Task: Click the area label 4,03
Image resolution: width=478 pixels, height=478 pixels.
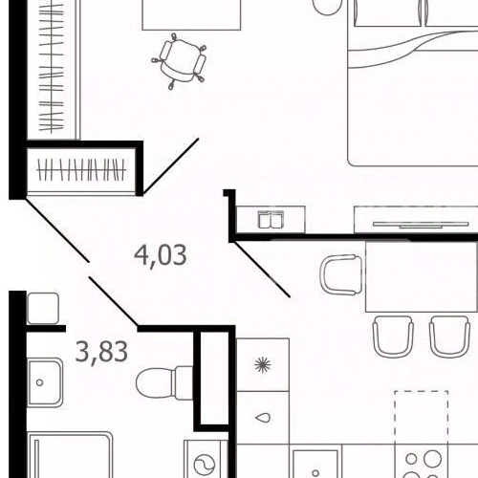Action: (159, 256)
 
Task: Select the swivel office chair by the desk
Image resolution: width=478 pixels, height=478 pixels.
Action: (181, 59)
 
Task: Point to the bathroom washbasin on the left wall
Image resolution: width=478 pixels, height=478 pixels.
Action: (42, 382)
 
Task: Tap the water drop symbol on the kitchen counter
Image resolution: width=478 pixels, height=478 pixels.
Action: (262, 419)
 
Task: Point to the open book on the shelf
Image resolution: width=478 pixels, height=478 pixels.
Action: (272, 220)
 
